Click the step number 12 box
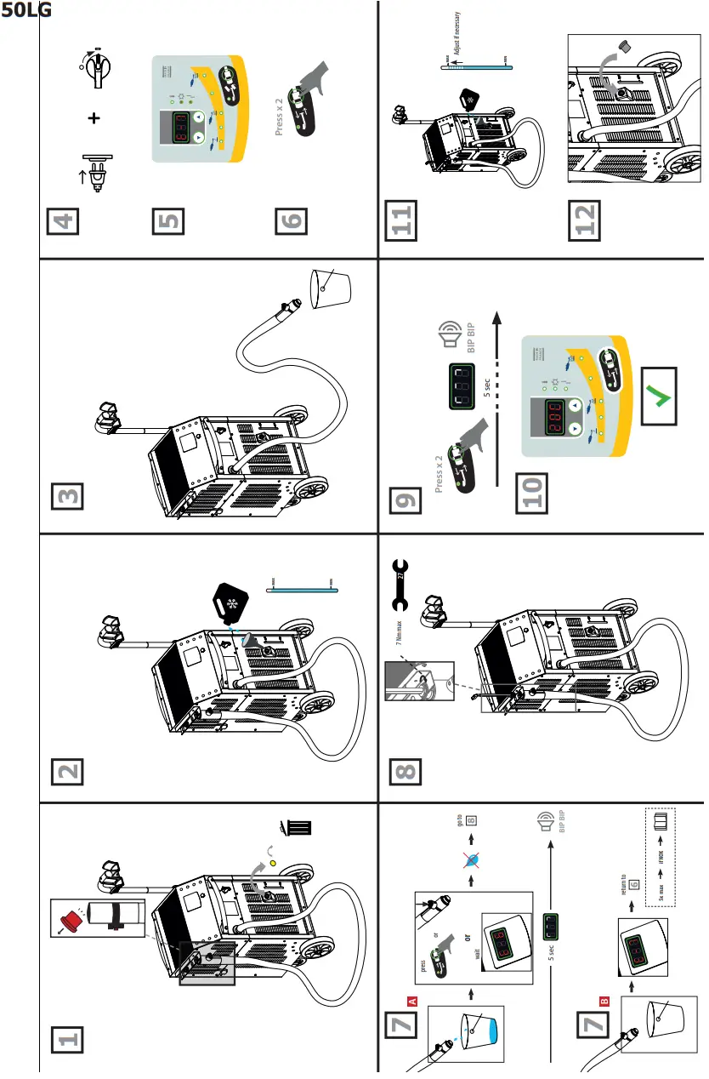[585, 219]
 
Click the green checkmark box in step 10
[659, 397]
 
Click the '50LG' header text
[26, 11]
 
